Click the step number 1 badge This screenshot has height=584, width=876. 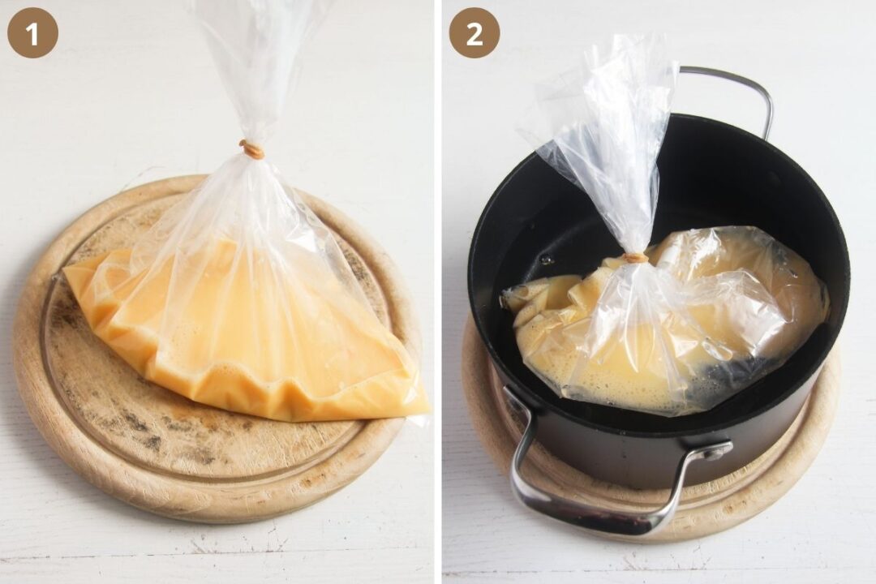(x=32, y=32)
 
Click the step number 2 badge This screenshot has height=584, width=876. (x=474, y=32)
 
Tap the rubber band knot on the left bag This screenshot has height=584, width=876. (x=252, y=149)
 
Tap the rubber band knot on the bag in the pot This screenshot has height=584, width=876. (x=637, y=258)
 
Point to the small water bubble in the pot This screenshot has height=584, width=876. (x=547, y=260)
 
